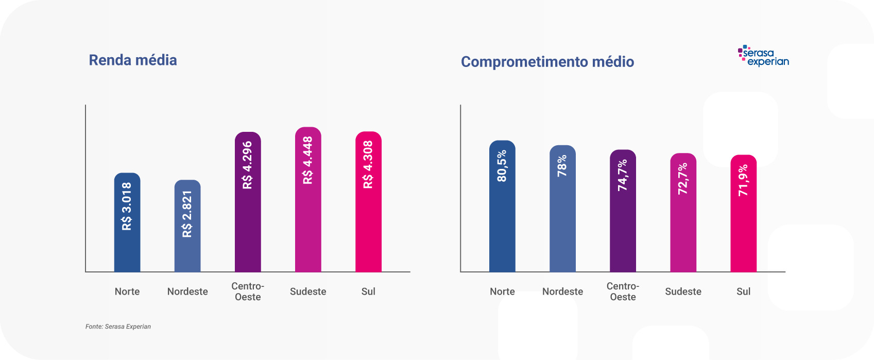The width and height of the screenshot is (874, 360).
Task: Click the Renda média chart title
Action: click(x=133, y=60)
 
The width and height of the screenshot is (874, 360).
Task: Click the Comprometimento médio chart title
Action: click(x=547, y=62)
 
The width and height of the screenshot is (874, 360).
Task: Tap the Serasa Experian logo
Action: click(x=763, y=56)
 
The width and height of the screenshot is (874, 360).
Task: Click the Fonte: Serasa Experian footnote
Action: click(x=118, y=327)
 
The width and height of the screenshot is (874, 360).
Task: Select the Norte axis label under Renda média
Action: click(x=127, y=292)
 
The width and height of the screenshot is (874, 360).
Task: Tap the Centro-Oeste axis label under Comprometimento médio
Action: click(x=623, y=292)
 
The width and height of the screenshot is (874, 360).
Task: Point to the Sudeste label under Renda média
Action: click(x=308, y=292)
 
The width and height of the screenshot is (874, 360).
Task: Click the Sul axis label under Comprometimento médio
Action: click(x=743, y=292)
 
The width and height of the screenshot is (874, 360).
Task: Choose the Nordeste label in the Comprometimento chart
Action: click(x=562, y=292)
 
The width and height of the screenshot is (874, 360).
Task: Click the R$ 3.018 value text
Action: click(x=127, y=206)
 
